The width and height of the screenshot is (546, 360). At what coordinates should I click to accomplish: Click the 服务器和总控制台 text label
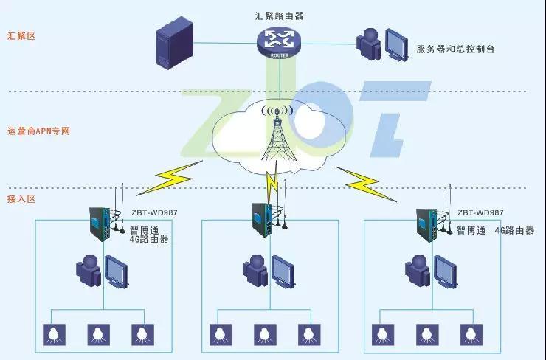(x=455, y=49)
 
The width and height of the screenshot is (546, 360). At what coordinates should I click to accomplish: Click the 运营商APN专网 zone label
(x=38, y=131)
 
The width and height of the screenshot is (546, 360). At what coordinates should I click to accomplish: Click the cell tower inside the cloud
(x=277, y=136)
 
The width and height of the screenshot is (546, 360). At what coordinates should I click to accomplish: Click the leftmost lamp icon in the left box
(x=53, y=334)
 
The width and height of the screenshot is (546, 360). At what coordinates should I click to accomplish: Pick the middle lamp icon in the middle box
(x=262, y=334)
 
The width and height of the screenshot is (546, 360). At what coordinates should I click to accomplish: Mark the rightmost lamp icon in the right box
(x=468, y=334)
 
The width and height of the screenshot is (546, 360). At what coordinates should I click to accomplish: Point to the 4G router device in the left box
(x=100, y=223)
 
